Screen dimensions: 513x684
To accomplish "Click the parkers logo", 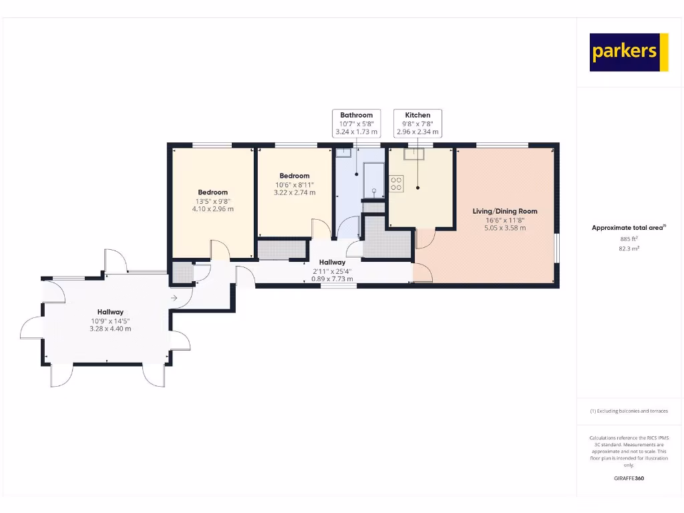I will point(629,52).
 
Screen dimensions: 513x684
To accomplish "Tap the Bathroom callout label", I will point(356,115).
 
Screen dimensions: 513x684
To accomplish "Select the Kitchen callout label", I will point(417,115).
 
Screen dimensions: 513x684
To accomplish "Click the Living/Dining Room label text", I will point(504,211).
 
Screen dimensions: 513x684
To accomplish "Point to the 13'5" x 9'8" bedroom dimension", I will point(212,200).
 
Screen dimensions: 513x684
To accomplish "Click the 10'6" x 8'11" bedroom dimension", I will point(294,184).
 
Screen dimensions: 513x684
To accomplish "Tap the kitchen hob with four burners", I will point(396,183).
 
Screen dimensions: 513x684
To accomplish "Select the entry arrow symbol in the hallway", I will point(174,298).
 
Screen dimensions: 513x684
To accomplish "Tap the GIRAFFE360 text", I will point(629,478).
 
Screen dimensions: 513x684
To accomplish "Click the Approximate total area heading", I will point(628,228).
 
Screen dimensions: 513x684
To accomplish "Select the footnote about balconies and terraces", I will point(629,411).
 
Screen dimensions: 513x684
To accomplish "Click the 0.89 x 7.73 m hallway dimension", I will point(332,279).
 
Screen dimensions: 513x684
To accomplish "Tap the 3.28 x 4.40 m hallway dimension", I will point(110,329).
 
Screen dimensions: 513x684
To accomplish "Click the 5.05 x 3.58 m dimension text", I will point(504,228).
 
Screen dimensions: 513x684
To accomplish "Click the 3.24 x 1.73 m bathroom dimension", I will point(356,132).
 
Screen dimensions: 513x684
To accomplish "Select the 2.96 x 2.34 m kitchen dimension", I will point(417,132).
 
